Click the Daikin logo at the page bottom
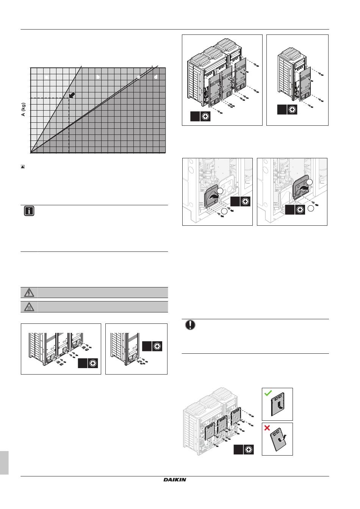[x=175, y=480]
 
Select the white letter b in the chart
[x=98, y=77]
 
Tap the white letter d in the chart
[x=156, y=77]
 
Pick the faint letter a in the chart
[x=46, y=77]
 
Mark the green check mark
[x=268, y=393]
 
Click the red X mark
[x=267, y=428]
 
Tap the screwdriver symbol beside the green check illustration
[x=249, y=449]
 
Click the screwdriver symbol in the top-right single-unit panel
[x=292, y=110]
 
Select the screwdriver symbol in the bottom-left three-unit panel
[x=93, y=363]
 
